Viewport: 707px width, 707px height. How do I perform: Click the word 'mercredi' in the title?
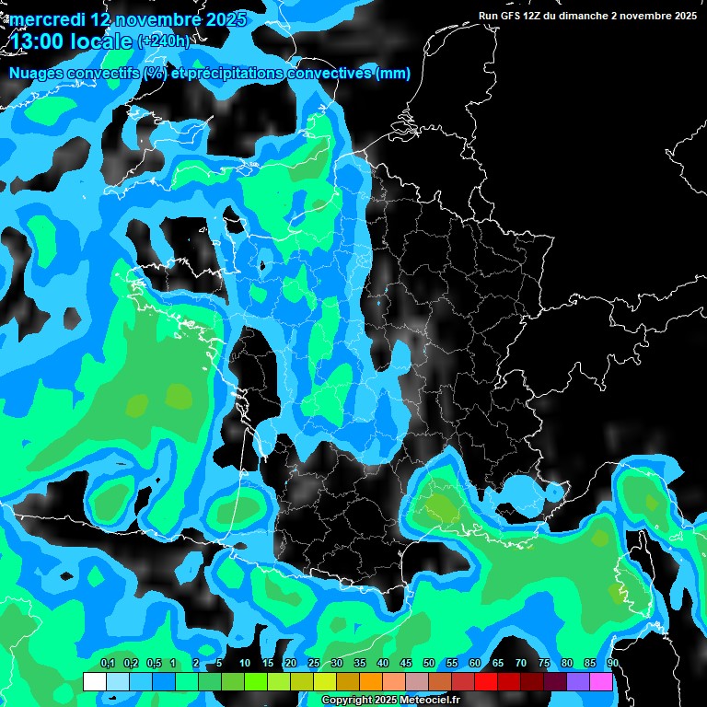[47, 19]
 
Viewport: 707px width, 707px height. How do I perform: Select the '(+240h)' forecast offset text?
[163, 41]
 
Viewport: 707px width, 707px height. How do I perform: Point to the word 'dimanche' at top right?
[583, 16]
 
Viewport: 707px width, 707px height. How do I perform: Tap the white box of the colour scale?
[94, 681]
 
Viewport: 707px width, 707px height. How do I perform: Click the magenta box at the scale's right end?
[602, 681]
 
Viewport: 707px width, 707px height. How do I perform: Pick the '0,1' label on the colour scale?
[108, 663]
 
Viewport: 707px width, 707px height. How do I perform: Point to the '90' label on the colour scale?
[612, 663]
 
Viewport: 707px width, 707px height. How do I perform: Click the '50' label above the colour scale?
[429, 663]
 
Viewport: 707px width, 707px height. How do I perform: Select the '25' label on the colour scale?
[314, 663]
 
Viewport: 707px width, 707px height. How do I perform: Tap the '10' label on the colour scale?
[245, 663]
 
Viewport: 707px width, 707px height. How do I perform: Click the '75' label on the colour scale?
[544, 663]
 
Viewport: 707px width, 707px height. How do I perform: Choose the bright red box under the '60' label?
[486, 681]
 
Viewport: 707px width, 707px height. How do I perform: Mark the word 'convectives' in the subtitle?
[327, 74]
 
